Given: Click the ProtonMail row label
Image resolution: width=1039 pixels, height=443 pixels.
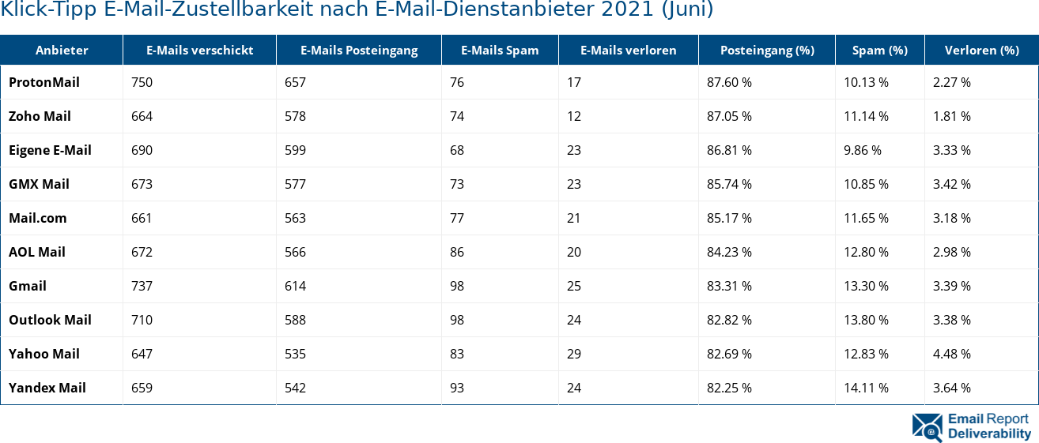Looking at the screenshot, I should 44,82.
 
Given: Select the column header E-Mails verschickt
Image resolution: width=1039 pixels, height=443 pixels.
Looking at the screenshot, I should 199,50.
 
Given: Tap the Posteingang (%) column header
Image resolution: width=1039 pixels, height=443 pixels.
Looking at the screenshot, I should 766,50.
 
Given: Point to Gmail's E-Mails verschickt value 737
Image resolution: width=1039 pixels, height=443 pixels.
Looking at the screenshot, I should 142,286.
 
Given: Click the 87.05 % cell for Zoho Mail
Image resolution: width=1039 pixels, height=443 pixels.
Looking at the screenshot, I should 729,116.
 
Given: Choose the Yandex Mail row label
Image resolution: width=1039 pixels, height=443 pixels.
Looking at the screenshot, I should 47,388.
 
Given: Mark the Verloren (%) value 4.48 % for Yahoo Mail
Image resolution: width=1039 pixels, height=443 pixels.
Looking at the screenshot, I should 951,354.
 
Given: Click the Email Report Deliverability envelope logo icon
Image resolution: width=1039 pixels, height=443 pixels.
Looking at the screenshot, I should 927,426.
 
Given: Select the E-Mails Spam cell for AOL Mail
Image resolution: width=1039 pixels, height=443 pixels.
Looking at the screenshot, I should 457,252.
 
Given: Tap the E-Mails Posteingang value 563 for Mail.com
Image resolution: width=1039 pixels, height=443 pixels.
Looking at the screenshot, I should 295,218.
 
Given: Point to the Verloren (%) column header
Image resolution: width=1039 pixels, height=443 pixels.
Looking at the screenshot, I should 981,50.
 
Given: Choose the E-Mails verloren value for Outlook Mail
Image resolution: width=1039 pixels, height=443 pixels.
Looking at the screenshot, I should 574,320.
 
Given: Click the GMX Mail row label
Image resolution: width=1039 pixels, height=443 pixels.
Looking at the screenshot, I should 39,184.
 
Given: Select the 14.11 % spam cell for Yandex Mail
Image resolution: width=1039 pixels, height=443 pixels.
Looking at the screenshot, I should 866,388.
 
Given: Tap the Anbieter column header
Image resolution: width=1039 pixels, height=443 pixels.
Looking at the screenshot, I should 62,50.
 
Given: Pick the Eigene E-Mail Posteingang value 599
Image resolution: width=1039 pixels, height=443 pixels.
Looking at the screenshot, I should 295,150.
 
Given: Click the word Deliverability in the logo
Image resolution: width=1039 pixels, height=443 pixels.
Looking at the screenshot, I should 989,434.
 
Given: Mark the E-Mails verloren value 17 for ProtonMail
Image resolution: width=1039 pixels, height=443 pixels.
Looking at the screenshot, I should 574,82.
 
